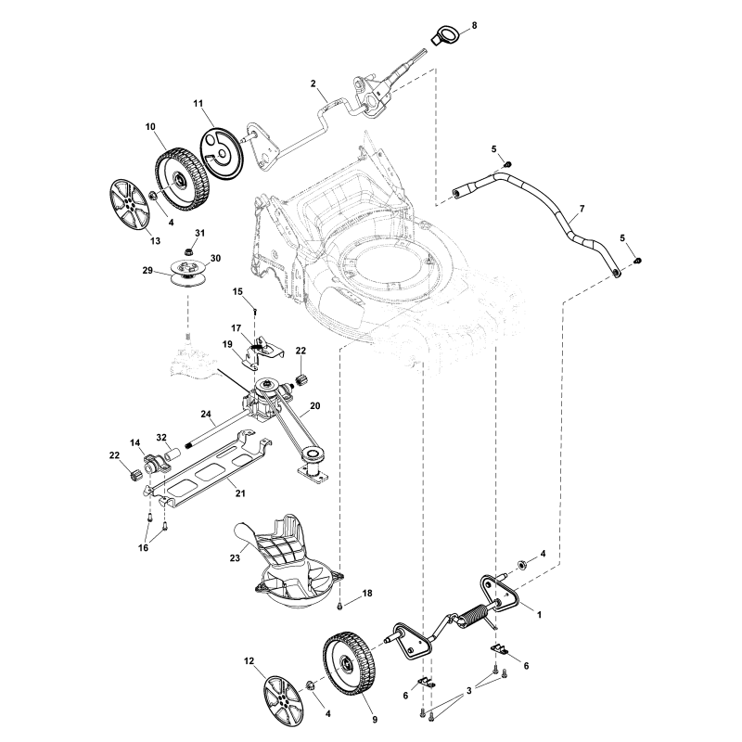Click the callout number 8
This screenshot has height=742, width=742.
474,26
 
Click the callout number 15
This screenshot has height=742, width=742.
237,291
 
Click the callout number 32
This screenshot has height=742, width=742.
160,437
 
